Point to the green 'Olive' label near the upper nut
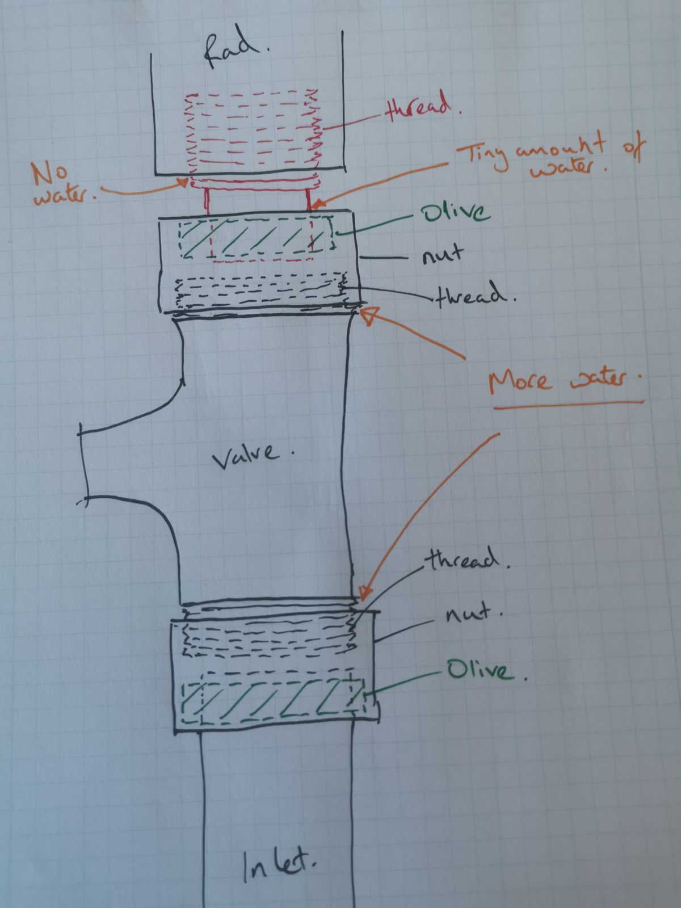coord(455,214)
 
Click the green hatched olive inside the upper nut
coord(257,238)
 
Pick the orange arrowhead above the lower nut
coord(364,593)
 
